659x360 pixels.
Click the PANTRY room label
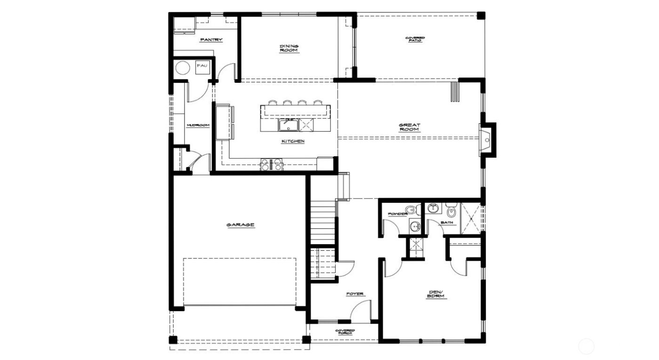(x=211, y=40)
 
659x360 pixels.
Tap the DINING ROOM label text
(x=289, y=48)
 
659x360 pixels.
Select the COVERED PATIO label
(x=415, y=40)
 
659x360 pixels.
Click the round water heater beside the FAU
(x=182, y=69)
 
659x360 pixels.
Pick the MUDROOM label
(x=198, y=125)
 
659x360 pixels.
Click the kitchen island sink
(x=287, y=125)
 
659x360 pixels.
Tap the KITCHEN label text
(x=293, y=141)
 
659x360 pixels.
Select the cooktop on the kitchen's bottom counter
(x=273, y=164)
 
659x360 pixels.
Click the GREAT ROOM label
(x=410, y=127)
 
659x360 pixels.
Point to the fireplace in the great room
(x=487, y=139)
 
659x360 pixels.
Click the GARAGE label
(x=241, y=225)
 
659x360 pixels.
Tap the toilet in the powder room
(x=412, y=208)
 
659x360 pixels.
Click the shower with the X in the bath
(x=471, y=217)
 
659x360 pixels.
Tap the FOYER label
(x=355, y=294)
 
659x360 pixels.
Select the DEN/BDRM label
(x=436, y=295)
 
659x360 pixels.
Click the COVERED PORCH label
(x=345, y=332)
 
